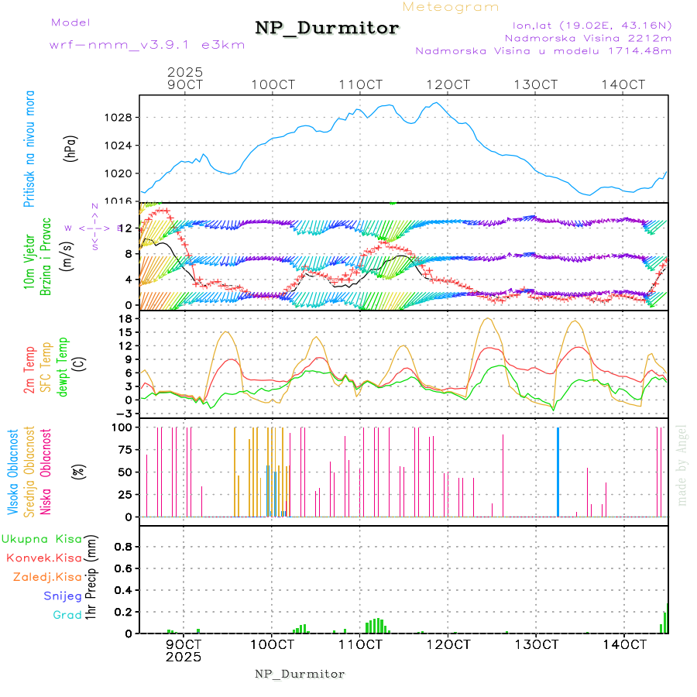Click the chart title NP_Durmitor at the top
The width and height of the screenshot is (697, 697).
(327, 29)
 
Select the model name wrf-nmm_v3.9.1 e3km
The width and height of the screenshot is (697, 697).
(146, 45)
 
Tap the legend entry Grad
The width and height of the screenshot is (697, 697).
(67, 615)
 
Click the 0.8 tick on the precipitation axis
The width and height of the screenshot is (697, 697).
(122, 547)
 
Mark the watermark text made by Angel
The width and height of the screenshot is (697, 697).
(682, 465)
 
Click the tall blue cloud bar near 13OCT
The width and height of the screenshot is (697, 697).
(558, 472)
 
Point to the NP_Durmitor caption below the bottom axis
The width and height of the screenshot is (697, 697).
(300, 674)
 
